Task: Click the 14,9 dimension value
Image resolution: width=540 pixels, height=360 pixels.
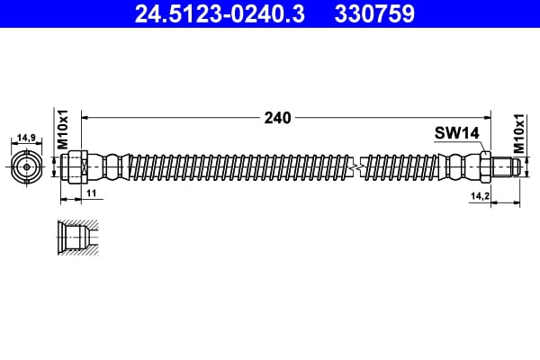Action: pos(27,139)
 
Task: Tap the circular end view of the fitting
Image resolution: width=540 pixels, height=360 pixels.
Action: pos(27,167)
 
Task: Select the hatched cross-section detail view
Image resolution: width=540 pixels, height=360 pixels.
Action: pos(76,238)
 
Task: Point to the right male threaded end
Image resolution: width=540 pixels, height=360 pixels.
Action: pos(505,167)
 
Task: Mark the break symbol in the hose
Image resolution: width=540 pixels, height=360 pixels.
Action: pos(360,167)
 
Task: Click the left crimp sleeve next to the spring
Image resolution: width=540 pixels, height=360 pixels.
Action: pos(110,167)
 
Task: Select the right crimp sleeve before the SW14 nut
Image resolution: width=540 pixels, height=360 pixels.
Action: pos(461,167)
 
